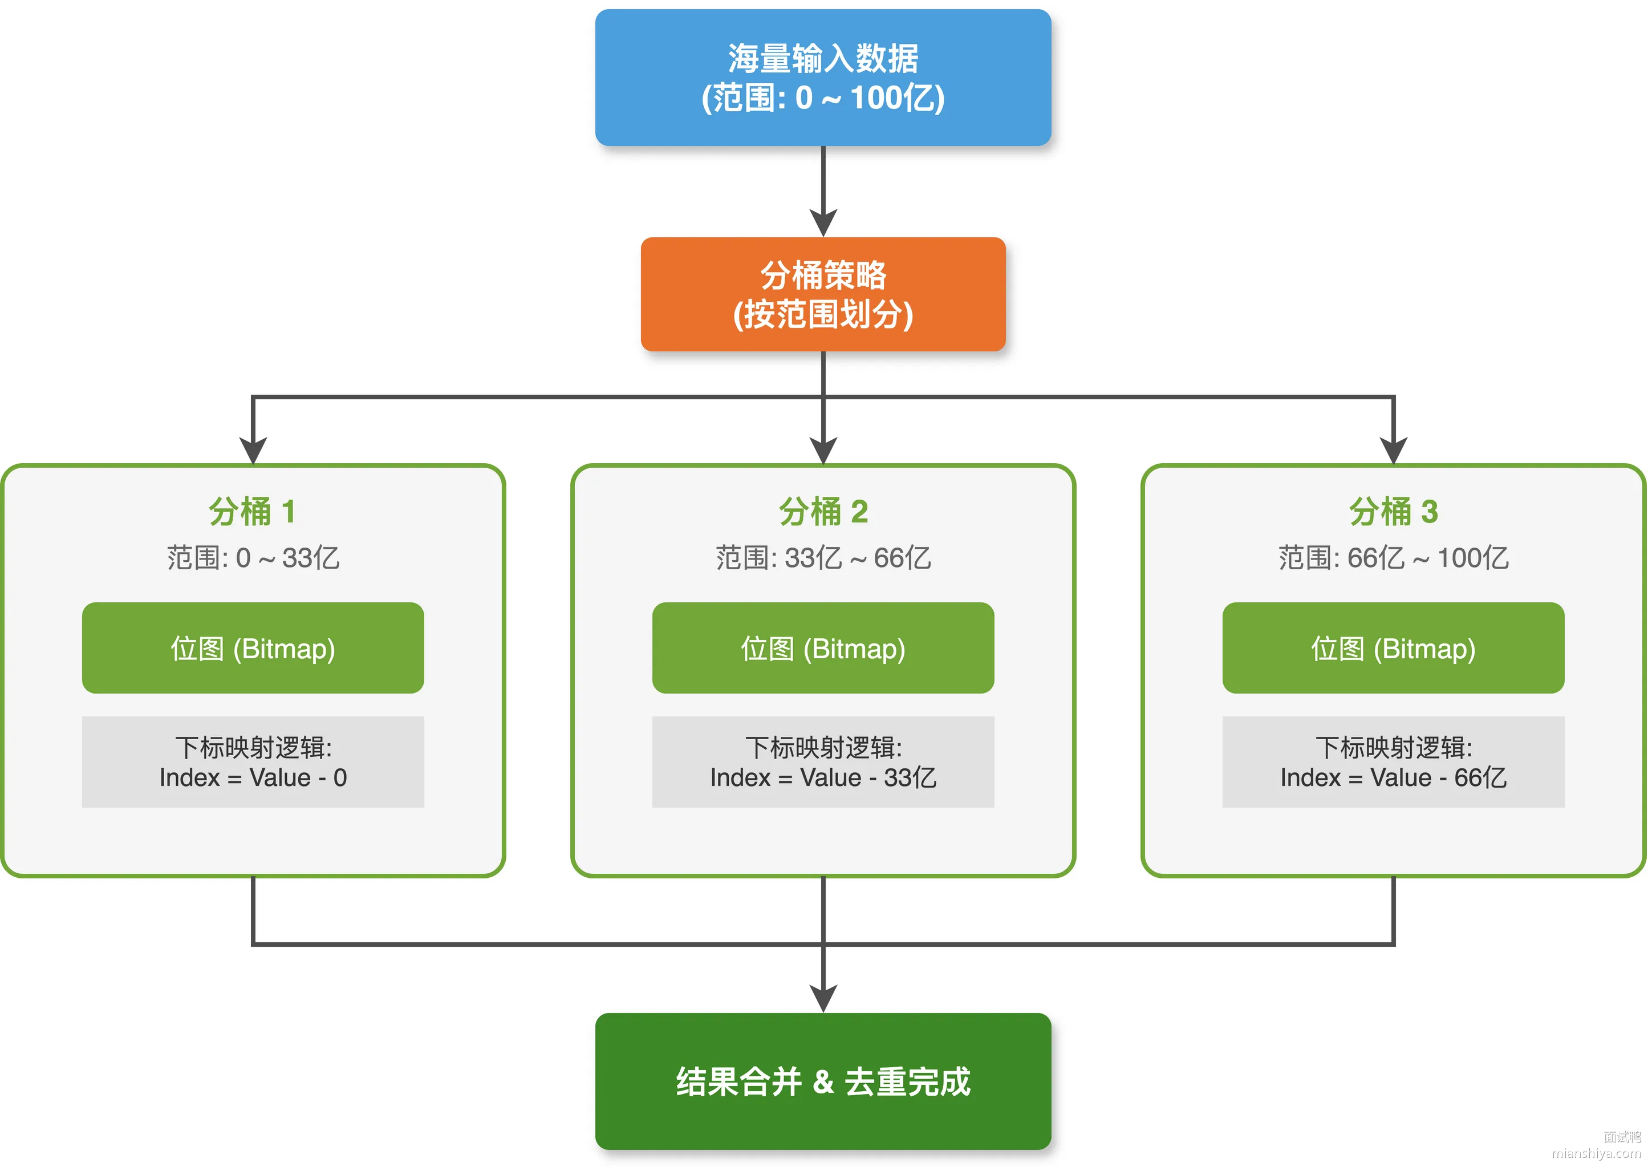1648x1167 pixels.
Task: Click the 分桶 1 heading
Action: coord(252,512)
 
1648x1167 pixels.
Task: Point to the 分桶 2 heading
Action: coord(823,512)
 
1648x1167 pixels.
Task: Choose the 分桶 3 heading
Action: coord(1393,512)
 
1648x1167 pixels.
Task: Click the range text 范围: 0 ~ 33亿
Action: coord(253,558)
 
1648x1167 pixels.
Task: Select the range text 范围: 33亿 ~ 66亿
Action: coord(823,558)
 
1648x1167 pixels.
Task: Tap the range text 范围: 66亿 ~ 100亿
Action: coord(1393,558)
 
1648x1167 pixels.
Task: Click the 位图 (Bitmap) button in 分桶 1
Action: coord(253,647)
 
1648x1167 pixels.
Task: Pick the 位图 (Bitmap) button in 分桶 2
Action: coord(823,647)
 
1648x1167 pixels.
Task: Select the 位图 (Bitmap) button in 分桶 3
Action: coord(1393,647)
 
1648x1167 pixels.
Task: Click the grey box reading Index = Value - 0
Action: coord(253,761)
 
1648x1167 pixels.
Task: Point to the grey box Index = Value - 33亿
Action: coord(823,761)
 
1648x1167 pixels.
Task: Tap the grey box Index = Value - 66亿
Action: coord(1393,761)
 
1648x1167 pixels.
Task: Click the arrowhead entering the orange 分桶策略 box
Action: coord(823,224)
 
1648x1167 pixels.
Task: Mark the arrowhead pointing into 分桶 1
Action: coord(253,451)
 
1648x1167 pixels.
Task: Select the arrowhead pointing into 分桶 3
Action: coord(1394,451)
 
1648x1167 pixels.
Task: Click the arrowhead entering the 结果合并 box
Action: coord(823,999)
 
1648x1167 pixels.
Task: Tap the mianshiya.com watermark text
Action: coord(1596,1153)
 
